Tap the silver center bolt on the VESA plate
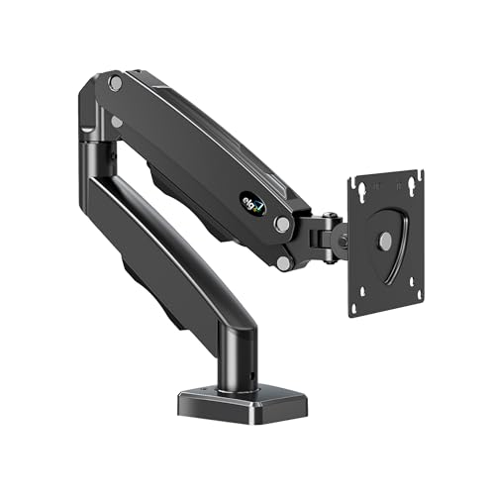(x=384, y=241)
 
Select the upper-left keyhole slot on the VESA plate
(x=365, y=185)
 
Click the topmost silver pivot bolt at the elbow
(x=115, y=84)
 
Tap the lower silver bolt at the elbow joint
(x=117, y=122)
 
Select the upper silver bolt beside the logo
(x=283, y=224)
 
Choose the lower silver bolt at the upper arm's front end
(x=285, y=262)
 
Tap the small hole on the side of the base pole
(x=248, y=376)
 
